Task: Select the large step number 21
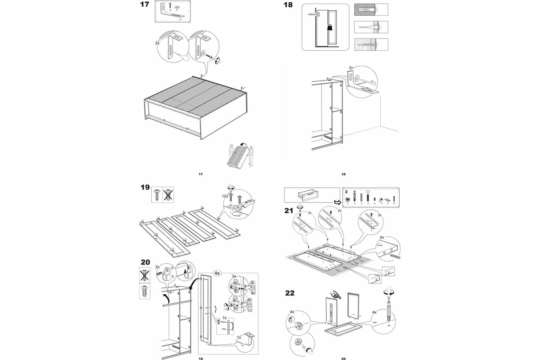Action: click(x=290, y=211)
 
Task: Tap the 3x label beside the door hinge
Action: click(x=234, y=276)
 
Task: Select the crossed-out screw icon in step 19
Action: click(x=167, y=194)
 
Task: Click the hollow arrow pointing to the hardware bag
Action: click(x=337, y=202)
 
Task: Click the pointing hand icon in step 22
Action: click(x=335, y=295)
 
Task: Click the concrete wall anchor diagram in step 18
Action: click(x=371, y=9)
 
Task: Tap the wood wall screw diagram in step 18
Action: click(x=371, y=45)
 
